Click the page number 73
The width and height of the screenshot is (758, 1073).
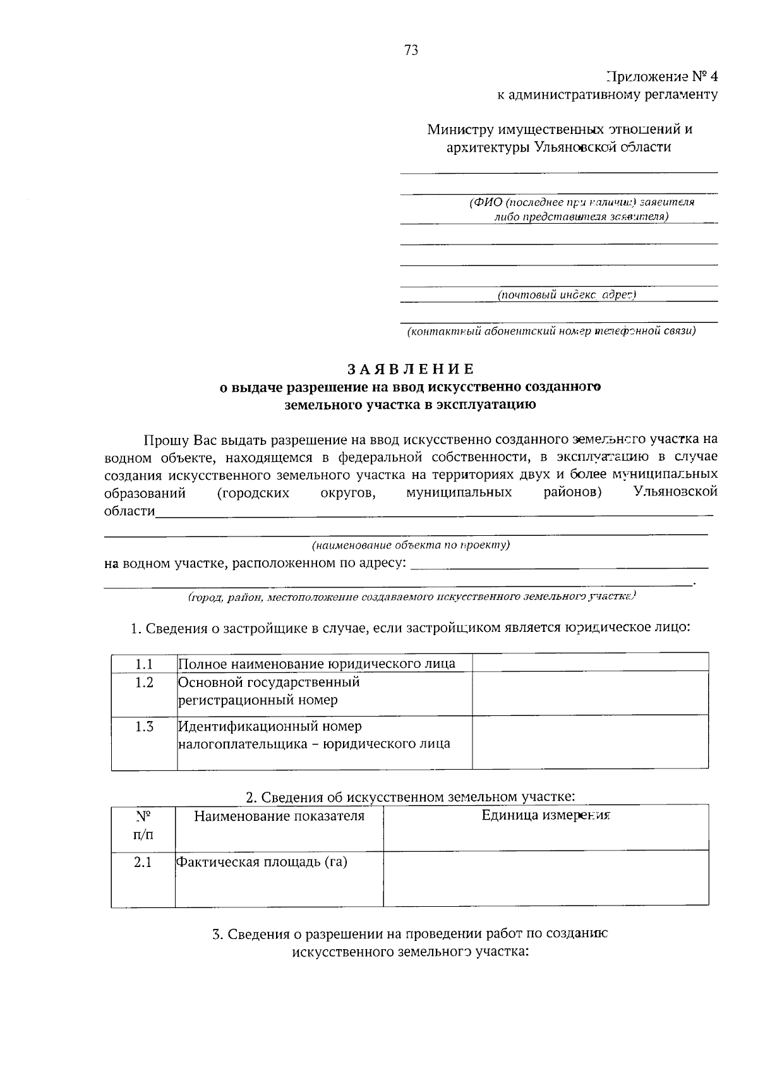(411, 51)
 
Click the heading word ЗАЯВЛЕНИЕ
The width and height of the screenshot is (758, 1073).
(410, 369)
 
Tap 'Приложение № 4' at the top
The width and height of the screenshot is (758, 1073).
(661, 77)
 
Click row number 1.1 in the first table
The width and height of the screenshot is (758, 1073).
(144, 664)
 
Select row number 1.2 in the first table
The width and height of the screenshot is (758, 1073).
(144, 682)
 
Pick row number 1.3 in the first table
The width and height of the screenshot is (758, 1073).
(144, 727)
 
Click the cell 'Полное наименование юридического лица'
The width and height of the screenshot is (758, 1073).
(316, 664)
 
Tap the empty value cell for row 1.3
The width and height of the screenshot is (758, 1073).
(590, 743)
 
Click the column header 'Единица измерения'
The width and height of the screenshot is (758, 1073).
(546, 815)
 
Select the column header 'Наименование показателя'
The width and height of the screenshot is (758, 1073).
(279, 816)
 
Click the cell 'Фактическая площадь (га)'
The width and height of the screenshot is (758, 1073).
(262, 862)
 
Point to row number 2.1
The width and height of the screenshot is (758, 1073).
(143, 863)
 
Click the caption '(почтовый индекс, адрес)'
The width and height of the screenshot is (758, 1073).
(566, 294)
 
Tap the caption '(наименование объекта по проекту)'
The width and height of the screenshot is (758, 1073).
(411, 545)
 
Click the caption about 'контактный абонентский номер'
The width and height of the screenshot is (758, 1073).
(551, 330)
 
